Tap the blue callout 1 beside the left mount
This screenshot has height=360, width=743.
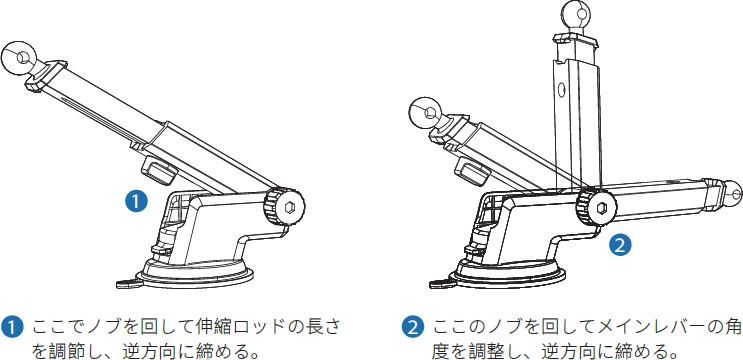pos(135,200)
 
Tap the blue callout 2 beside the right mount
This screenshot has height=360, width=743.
pos(620,242)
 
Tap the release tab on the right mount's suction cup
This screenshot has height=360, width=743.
pos(444,283)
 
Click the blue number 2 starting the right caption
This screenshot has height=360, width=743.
pos(412,327)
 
